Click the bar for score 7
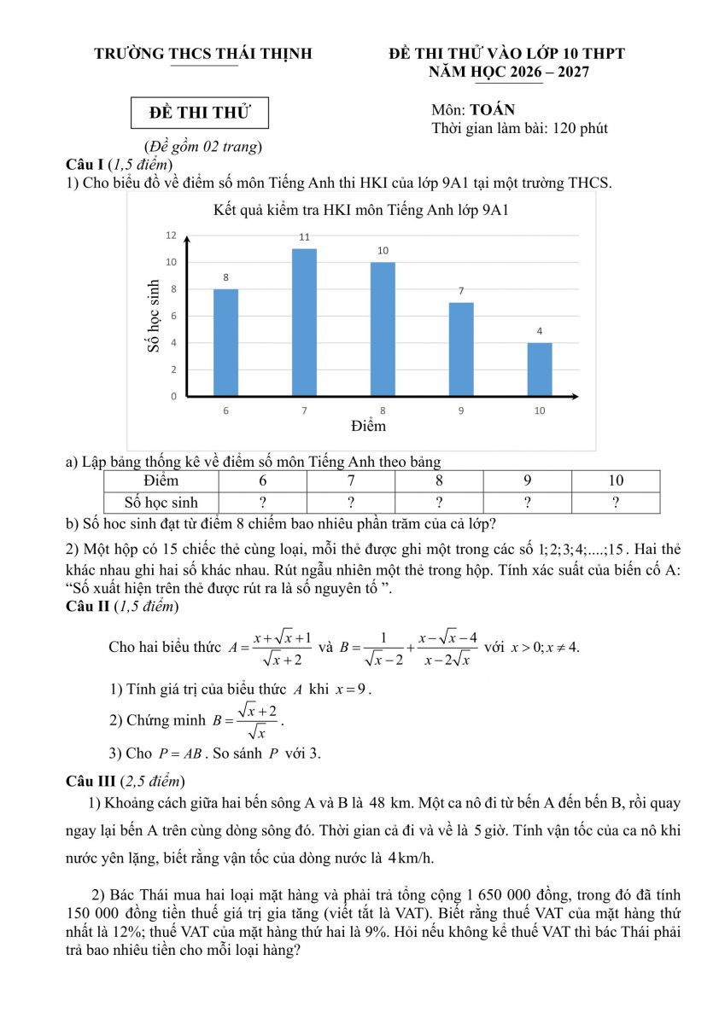pos(304,323)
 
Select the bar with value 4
pos(540,369)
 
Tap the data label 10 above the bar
pos(383,250)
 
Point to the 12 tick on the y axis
pos(172,235)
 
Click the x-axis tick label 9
pos(461,410)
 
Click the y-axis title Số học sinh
pos(154,316)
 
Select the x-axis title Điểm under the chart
pos(368,425)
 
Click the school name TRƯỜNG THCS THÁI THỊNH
pos(203,54)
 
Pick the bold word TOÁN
pos(492,110)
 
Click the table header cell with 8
pos(439,480)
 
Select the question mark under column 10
pos(616,503)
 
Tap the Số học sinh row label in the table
pos(161,503)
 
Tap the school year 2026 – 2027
pos(543,73)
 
